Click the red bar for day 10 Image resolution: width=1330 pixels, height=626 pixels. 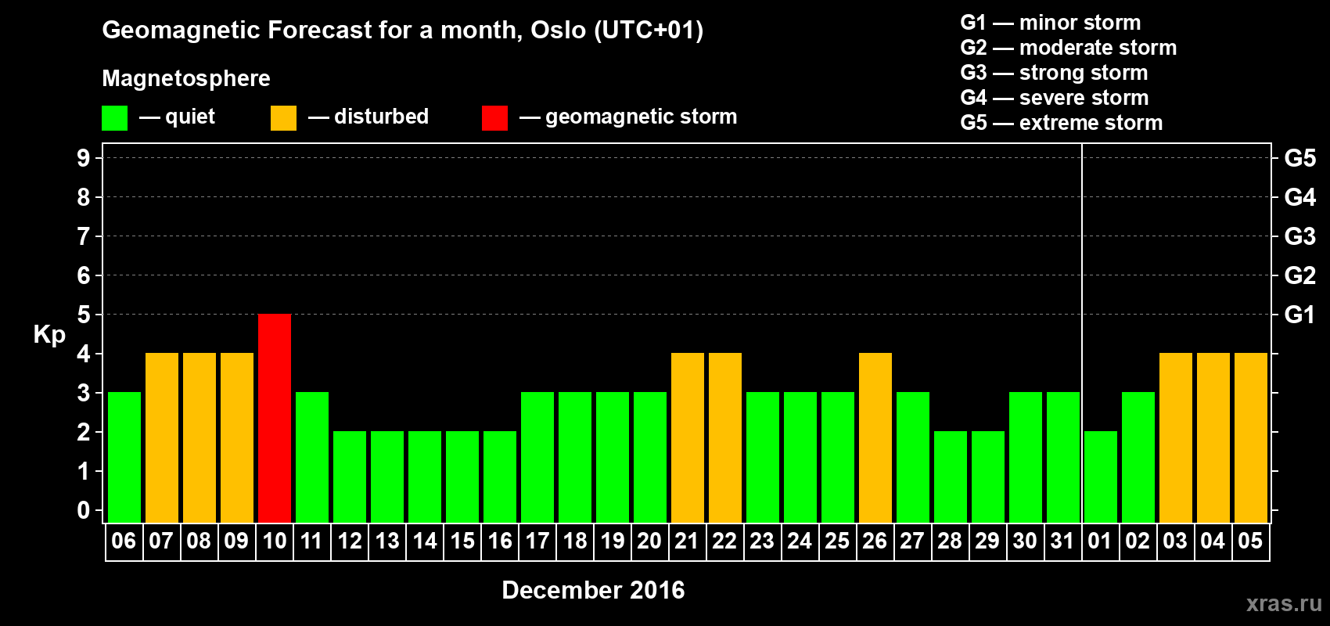pos(275,418)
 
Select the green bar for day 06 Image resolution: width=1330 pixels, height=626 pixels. pos(124,457)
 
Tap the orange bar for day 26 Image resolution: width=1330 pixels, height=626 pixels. pos(875,437)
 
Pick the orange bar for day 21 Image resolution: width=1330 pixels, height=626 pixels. pos(688,437)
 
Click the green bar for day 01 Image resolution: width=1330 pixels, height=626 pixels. pos(1100,477)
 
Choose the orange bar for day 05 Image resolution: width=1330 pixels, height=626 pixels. pos(1250,437)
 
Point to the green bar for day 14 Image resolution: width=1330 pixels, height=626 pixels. pos(425,477)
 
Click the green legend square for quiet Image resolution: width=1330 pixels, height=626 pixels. pos(114,117)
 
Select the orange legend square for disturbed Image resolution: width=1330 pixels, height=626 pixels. pos(283,117)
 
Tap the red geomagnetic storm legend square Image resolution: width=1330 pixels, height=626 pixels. pos(494,117)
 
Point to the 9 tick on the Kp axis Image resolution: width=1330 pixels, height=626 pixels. pos(83,158)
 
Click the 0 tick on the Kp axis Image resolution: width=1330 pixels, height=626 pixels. pos(83,510)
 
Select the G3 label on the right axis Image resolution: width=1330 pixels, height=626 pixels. pos(1299,236)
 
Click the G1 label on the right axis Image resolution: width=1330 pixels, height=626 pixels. pos(1299,315)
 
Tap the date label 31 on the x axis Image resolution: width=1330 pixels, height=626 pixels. pos(1062,541)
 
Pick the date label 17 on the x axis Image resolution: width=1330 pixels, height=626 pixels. pos(537,541)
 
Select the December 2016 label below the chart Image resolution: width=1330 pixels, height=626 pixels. pos(593,590)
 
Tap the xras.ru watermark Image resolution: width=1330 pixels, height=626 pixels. pos(1284,603)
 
